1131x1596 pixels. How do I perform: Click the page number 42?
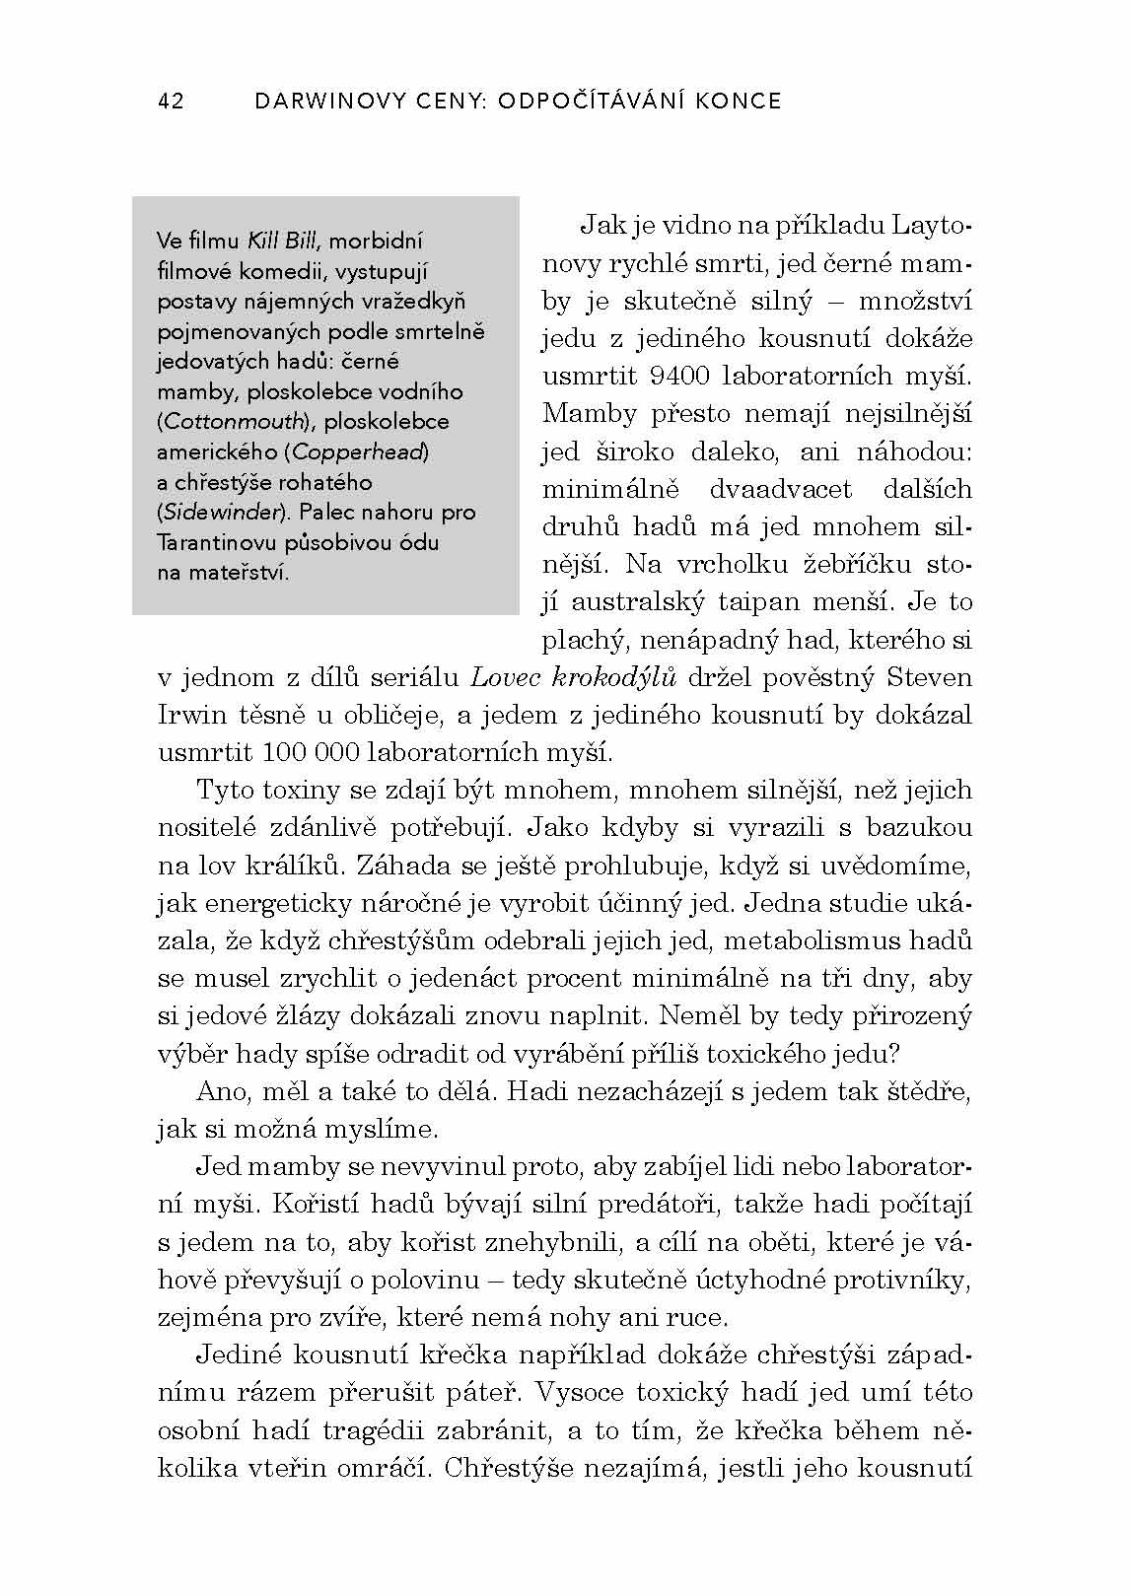pyautogui.click(x=171, y=101)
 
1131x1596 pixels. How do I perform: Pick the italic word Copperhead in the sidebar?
pyautogui.click(x=360, y=452)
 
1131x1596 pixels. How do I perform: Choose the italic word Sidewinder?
pyautogui.click(x=222, y=513)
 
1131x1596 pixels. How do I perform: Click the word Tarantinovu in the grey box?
pyautogui.click(x=213, y=543)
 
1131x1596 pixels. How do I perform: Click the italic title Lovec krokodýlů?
pyautogui.click(x=574, y=678)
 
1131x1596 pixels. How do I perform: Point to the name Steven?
pyautogui.click(x=929, y=678)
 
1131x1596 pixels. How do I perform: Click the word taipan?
pyautogui.click(x=771, y=602)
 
